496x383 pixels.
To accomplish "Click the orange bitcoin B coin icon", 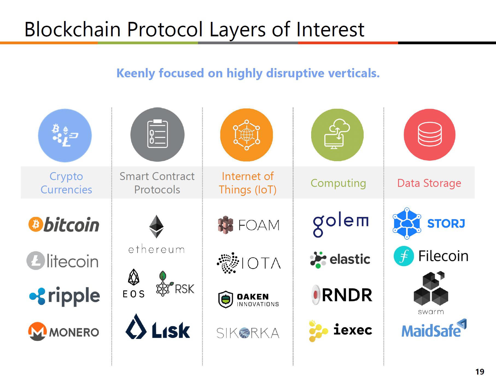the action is (36, 225).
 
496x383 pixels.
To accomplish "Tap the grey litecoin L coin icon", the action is (36, 261).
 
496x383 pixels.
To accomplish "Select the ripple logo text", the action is (74, 296).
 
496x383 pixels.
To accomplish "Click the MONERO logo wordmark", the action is (74, 332).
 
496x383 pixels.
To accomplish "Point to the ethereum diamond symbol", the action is (156, 226).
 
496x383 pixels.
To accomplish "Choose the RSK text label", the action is (185, 289).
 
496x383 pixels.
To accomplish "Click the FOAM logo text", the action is (259, 225).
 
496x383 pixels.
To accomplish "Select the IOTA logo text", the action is (261, 263).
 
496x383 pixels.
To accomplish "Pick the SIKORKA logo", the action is (248, 333).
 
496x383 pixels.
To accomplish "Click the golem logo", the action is (341, 224).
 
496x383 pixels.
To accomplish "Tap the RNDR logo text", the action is (347, 295).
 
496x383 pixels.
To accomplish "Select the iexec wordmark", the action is (353, 329).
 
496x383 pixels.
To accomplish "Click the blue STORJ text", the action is (446, 223).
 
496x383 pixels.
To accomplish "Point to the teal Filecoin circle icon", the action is (404, 256).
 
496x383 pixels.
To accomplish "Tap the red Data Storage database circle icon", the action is (429, 135).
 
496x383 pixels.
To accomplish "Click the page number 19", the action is (480, 372).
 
